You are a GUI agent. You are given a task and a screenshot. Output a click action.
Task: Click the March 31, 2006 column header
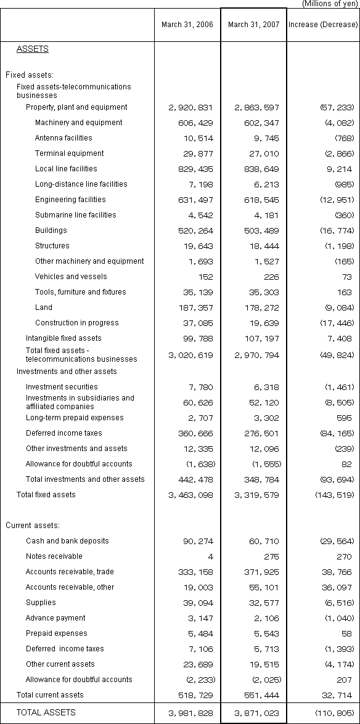click(x=187, y=25)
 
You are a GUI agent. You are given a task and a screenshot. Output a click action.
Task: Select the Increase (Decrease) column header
click(x=322, y=25)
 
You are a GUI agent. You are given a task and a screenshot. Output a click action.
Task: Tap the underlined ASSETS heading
click(x=33, y=49)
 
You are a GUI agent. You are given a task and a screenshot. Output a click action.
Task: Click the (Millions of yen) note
click(x=329, y=4)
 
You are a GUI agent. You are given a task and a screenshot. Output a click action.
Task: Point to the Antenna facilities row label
click(x=63, y=138)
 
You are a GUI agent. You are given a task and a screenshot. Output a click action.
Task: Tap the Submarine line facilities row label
click(x=75, y=215)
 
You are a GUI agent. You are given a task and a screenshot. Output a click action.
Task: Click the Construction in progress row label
click(x=76, y=323)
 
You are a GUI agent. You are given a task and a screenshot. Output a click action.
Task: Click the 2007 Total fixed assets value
click(x=253, y=495)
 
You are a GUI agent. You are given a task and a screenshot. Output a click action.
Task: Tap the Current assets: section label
click(x=32, y=526)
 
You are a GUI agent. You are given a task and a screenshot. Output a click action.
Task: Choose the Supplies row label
click(x=41, y=603)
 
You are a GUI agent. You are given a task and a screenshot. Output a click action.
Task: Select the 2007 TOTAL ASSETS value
click(x=253, y=713)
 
